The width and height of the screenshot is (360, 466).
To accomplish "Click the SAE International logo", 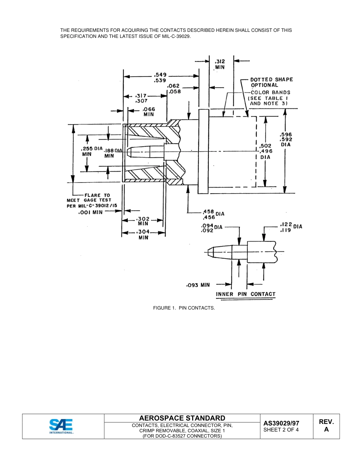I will coord(61,426).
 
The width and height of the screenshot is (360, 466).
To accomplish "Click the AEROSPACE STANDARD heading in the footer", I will coord(182,418).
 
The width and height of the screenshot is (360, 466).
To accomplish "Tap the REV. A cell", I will coord(326,426).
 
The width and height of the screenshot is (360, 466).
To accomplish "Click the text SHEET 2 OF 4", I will coord(281,430).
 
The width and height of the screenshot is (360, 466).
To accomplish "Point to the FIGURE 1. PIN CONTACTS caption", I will coord(184,308).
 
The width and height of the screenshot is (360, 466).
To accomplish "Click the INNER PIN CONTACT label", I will coord(246,294).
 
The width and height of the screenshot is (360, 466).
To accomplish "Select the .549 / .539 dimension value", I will coord(160,78).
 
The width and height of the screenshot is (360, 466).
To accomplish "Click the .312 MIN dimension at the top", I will coord(220,64).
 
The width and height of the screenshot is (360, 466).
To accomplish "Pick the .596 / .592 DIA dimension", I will coord(286,139).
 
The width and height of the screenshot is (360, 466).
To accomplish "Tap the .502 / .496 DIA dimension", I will coord(265,151).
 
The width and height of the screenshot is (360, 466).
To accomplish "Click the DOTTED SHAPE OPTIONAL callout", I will coord(271,82).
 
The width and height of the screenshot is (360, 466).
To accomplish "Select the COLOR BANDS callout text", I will coord(270,92).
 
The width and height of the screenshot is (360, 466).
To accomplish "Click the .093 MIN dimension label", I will coord(198,285).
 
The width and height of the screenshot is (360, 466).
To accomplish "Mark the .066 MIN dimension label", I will coord(149,112).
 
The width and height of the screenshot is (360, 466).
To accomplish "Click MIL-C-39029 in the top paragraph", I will coord(174,36).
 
